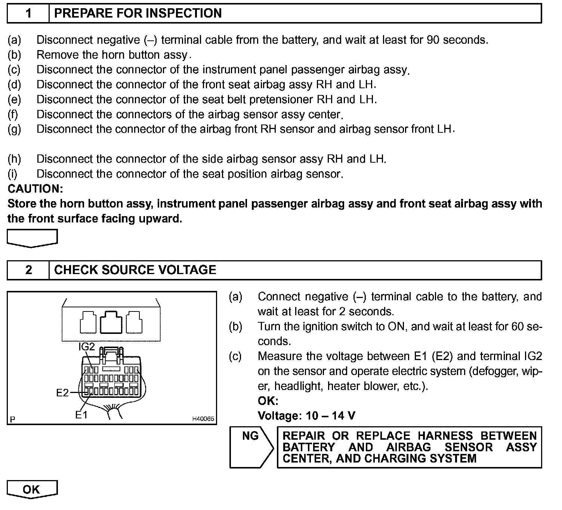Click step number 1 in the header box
pos(28,13)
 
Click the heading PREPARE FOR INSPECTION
pos(138,13)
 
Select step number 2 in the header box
pos(28,270)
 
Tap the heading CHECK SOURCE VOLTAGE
pos(135,270)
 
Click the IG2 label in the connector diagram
pos(86,347)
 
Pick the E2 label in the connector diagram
pos(62,393)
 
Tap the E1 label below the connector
pos(81,415)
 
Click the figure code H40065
pos(203,419)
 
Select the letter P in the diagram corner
pos(13,419)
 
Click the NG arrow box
pos(251,447)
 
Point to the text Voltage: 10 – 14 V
pos(306,415)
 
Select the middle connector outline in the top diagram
pos(111,322)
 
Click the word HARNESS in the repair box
pos(445,436)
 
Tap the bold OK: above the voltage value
pos(268,401)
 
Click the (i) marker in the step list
pos(13,174)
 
